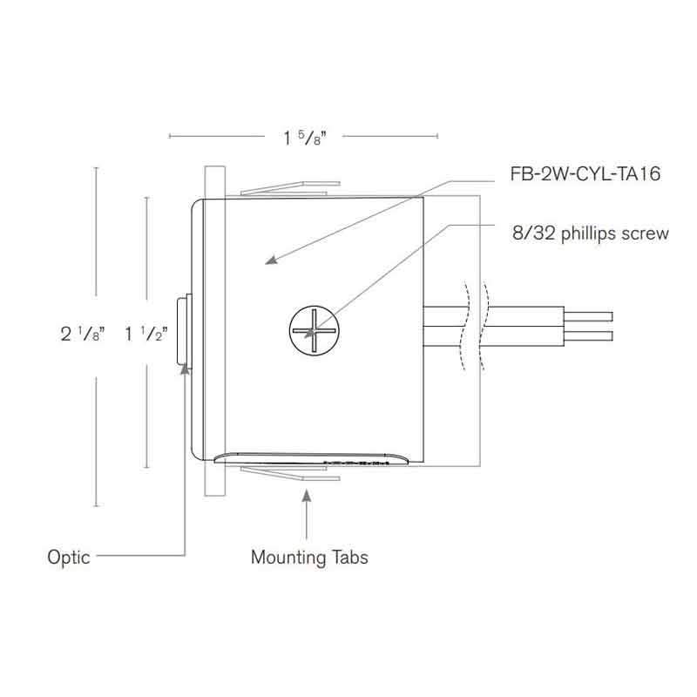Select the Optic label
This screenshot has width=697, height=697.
[x=69, y=558]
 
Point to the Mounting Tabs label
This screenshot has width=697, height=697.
[x=308, y=557]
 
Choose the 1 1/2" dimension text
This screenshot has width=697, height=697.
[x=145, y=334]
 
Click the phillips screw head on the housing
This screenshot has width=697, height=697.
[x=312, y=332]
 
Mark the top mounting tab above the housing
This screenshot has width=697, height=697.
[x=288, y=187]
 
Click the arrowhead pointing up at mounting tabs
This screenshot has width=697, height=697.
[x=307, y=496]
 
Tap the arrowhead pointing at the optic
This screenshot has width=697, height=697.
[x=185, y=369]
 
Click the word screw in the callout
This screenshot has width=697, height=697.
[x=647, y=233]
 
